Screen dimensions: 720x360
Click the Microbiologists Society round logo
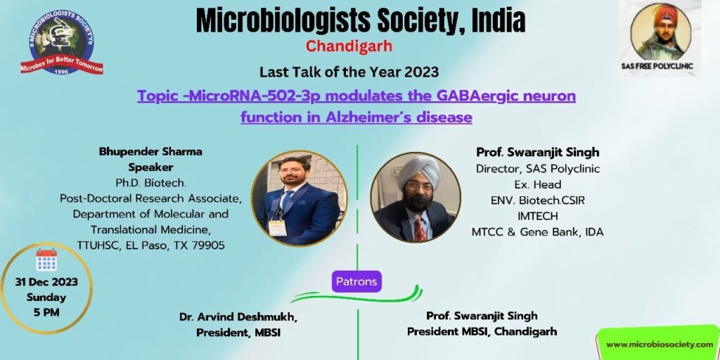tap(62, 43)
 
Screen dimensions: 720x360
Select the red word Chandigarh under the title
tap(349, 46)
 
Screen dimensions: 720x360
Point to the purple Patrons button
tap(356, 281)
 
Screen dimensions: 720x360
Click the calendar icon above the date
tap(46, 260)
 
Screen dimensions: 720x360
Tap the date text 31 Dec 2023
tap(46, 282)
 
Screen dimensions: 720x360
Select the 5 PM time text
tap(46, 313)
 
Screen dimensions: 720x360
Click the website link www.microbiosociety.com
tap(660, 345)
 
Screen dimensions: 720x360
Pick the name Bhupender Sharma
tap(150, 152)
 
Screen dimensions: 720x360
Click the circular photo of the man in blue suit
tap(299, 198)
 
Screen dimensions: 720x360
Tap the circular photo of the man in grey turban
tap(416, 198)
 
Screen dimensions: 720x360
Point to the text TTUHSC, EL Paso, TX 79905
tap(150, 245)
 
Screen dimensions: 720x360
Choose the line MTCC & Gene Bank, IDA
tap(538, 232)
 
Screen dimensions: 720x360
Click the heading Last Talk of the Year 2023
tap(349, 72)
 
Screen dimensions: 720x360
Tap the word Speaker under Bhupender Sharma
tap(150, 167)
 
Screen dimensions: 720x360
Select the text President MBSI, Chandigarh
tap(482, 331)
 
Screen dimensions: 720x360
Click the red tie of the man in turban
tap(420, 229)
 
